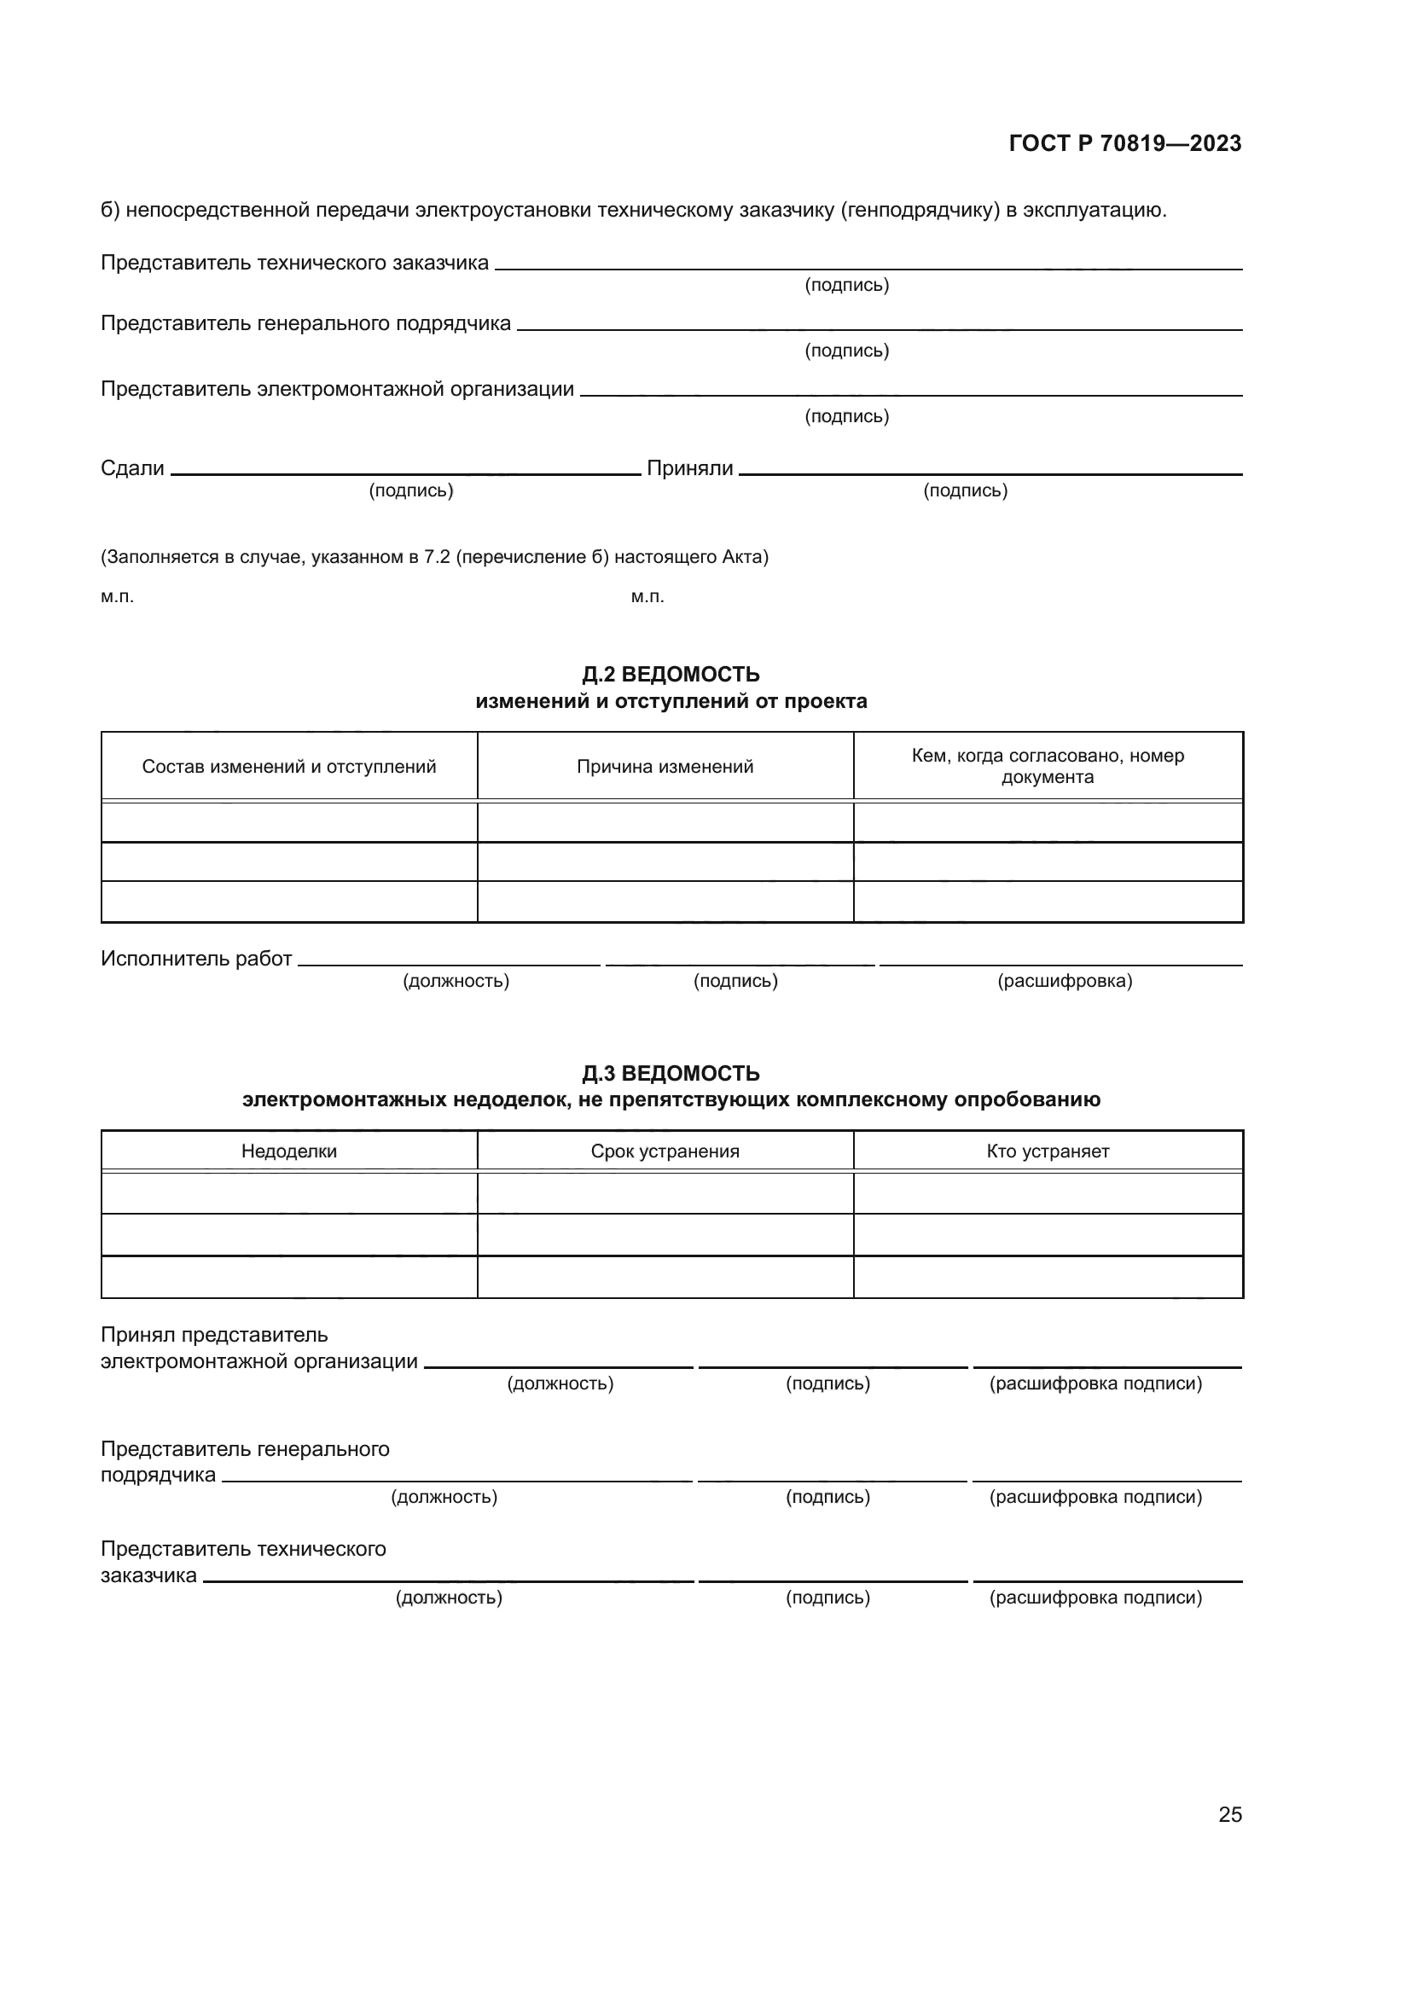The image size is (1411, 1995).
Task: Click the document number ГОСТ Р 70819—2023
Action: pos(1124,143)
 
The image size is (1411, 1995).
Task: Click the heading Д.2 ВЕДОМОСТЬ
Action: pos(671,675)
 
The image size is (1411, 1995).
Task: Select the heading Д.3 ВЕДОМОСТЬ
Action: pos(671,1073)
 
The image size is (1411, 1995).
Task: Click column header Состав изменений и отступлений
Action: pos(288,767)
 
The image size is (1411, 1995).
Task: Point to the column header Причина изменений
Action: pos(665,767)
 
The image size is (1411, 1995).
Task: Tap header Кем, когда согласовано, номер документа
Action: pos(1047,767)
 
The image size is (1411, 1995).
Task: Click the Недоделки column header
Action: pos(288,1151)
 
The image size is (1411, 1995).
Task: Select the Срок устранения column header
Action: pos(665,1151)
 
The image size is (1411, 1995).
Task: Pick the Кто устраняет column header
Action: pos(1047,1151)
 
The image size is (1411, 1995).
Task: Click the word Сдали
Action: pos(132,468)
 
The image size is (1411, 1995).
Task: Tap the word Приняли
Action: pos(690,468)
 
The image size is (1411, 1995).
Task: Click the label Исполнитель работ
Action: pos(196,959)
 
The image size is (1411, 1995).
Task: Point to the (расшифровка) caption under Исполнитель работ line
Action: pos(1065,981)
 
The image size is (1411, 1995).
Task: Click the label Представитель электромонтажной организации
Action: pos(337,388)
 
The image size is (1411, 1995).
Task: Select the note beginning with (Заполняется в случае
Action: pos(434,557)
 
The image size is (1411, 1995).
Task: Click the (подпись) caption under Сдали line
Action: pos(411,491)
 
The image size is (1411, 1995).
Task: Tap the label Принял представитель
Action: pos(214,1335)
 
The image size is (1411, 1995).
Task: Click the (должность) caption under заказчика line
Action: pos(449,1598)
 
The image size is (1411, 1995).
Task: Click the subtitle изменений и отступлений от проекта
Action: pos(671,701)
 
